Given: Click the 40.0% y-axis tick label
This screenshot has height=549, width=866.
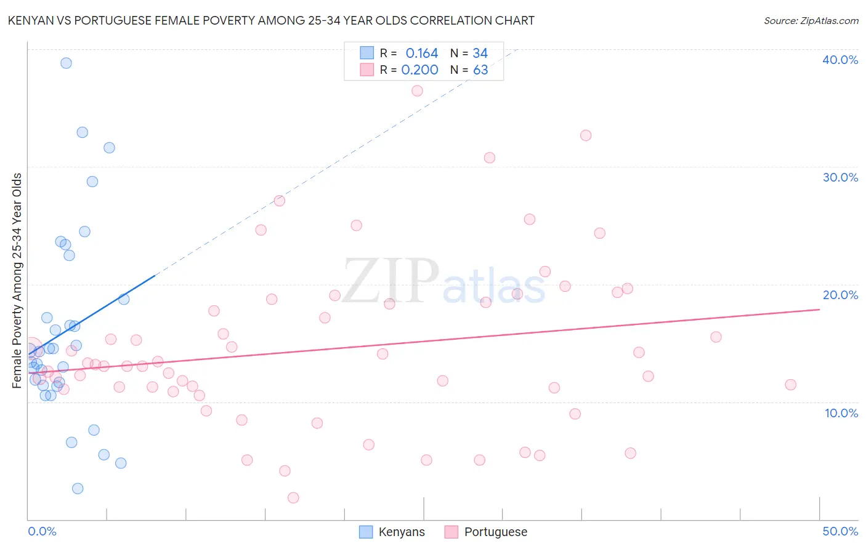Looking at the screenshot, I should (x=840, y=60).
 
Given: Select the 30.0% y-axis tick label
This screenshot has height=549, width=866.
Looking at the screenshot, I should (x=840, y=177).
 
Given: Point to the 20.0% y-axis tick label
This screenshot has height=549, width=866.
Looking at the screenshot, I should (x=840, y=295).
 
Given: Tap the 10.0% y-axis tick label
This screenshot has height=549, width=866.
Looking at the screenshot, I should (x=841, y=413).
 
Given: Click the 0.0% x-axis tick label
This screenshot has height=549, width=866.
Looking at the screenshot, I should (x=42, y=531).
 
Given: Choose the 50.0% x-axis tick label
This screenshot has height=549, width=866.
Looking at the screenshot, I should (x=840, y=531).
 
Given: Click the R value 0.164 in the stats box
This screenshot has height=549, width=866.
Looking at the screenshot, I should (x=421, y=54).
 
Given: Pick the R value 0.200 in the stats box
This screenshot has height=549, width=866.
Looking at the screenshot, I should (x=419, y=70).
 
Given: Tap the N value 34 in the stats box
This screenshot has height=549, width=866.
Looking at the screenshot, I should (x=480, y=54).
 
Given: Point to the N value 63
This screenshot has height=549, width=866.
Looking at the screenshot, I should (x=480, y=70).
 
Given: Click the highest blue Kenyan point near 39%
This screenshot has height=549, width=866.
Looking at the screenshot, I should (x=66, y=63).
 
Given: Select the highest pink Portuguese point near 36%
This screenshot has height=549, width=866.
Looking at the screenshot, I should (x=417, y=90).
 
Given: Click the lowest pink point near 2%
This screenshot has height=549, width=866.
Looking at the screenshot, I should (x=293, y=497).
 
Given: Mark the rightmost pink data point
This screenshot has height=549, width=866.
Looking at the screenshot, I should (x=790, y=385).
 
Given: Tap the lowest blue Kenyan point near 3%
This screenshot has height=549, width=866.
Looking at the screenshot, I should (x=78, y=488).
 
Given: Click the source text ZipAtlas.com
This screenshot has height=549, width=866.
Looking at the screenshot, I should (x=811, y=21).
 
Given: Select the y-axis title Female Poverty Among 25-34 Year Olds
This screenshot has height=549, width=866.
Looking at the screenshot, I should (x=17, y=281).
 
